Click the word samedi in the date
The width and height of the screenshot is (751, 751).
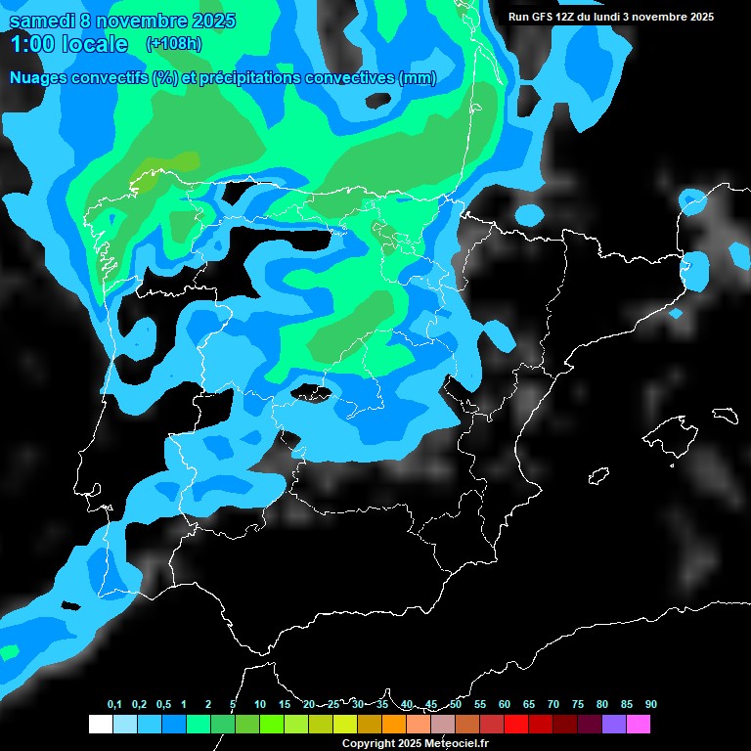click(40, 21)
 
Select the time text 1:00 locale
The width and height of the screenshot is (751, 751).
click(68, 44)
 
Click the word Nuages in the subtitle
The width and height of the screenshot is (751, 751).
click(39, 78)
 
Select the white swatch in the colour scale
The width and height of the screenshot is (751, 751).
click(100, 725)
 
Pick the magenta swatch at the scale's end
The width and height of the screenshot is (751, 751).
click(639, 725)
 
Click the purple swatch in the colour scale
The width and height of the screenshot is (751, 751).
click(614, 725)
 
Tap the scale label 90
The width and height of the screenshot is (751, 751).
click(650, 705)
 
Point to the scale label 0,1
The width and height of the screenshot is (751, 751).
click(114, 705)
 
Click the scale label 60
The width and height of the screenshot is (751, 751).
click(505, 705)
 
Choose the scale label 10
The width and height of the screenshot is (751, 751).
click(259, 705)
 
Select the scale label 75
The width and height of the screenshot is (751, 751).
click(578, 705)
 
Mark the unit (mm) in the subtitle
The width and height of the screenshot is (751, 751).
click(418, 78)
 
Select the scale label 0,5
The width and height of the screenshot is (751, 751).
click(163, 705)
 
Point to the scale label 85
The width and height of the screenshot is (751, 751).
click(627, 705)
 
